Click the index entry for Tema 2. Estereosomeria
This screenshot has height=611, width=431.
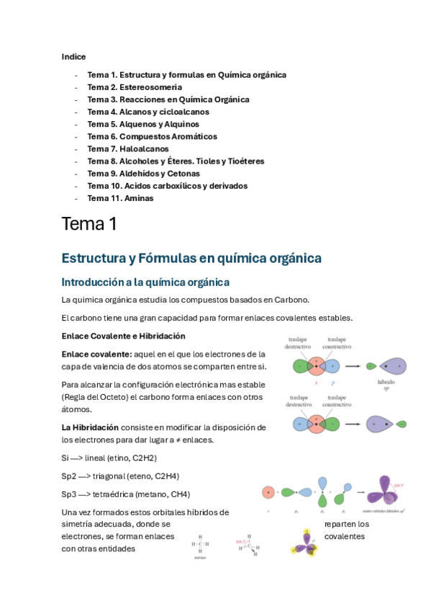pyautogui.click(x=135, y=87)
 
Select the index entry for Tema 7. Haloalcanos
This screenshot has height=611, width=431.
pyautogui.click(x=128, y=148)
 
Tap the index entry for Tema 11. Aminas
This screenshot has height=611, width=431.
pyautogui.click(x=120, y=198)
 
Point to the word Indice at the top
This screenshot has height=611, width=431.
pyautogui.click(x=73, y=56)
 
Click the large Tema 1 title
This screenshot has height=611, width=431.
pyautogui.click(x=89, y=224)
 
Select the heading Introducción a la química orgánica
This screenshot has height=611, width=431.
pyautogui.click(x=145, y=282)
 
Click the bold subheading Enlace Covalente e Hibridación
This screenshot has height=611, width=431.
pyautogui.click(x=124, y=336)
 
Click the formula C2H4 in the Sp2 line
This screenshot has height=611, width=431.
pyautogui.click(x=166, y=476)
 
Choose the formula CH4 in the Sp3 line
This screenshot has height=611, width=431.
pyautogui.click(x=179, y=494)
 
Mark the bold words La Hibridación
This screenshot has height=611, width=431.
pyautogui.click(x=90, y=427)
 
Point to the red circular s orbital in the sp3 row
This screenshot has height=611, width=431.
pyautogui.click(x=268, y=494)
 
